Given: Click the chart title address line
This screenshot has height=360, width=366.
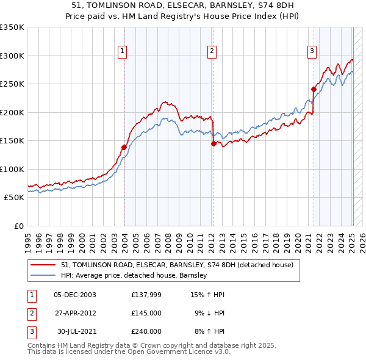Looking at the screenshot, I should [x=183, y=5].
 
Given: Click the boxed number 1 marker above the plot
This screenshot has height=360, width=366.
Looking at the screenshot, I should [x=123, y=52].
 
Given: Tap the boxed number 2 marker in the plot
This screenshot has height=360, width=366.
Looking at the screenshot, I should [x=212, y=52].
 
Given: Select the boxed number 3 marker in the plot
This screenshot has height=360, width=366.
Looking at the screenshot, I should [x=312, y=52].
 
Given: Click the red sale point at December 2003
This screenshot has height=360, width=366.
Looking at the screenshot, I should [x=124, y=147].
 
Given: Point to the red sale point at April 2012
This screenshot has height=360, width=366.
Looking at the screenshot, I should [x=213, y=143].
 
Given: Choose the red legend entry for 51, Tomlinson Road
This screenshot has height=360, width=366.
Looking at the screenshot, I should [x=177, y=265].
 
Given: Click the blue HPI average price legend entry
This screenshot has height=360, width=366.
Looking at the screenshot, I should [x=134, y=275].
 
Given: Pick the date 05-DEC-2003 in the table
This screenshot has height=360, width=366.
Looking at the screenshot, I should [x=75, y=295].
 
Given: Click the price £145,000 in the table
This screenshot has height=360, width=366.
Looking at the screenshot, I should [x=146, y=313].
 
